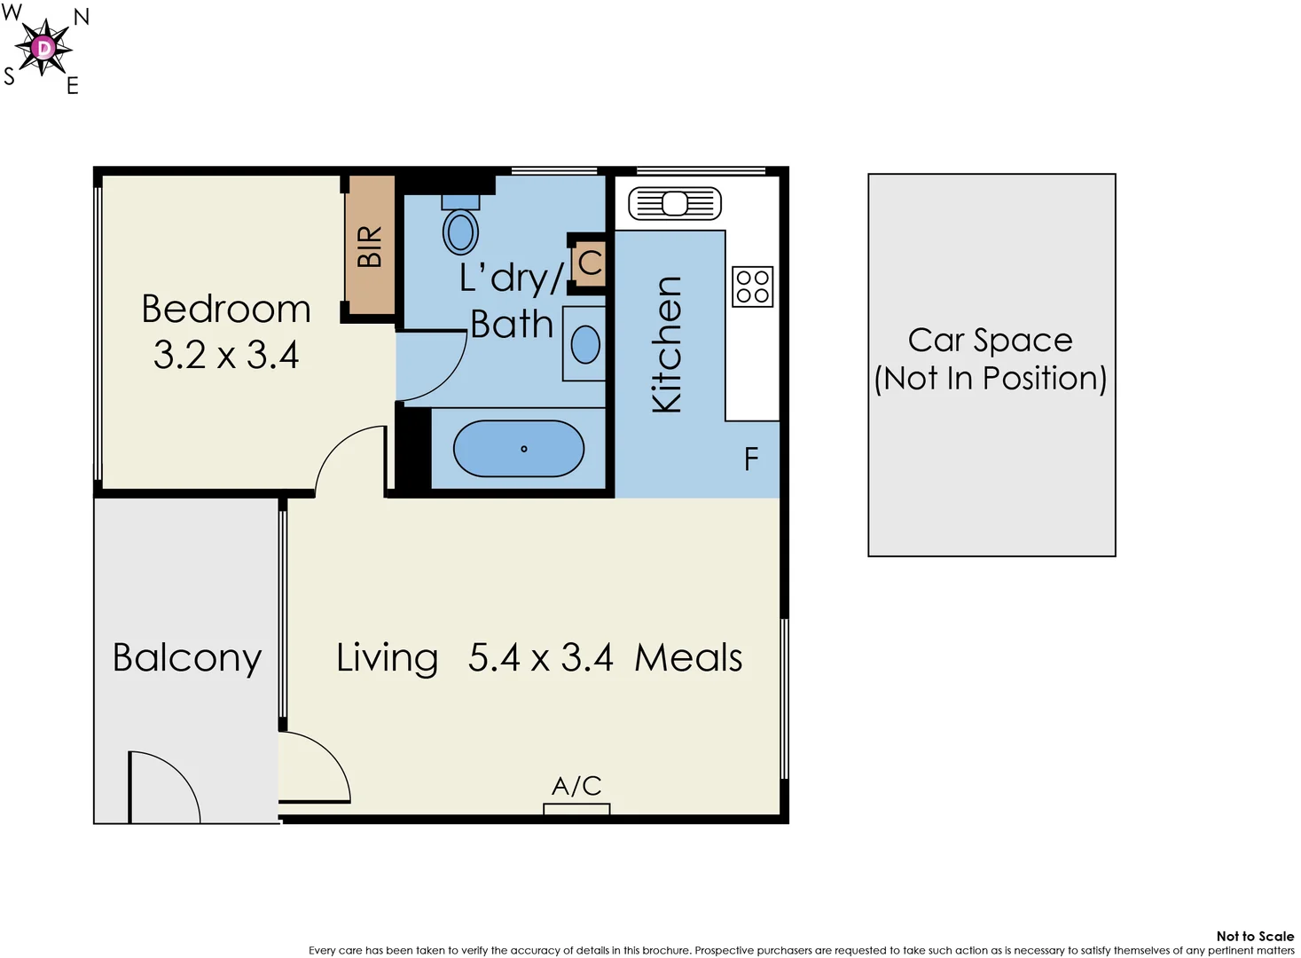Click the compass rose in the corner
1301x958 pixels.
(x=43, y=48)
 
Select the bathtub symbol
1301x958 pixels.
(x=519, y=449)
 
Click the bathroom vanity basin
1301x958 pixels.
(x=585, y=345)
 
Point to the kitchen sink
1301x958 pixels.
(x=675, y=204)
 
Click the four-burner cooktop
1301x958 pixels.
(x=752, y=287)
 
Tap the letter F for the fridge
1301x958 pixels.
(x=751, y=459)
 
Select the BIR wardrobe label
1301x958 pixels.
(x=370, y=247)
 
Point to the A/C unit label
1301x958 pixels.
(x=576, y=786)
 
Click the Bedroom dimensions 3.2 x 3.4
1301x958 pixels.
(x=226, y=356)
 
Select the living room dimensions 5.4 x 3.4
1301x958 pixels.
(x=540, y=658)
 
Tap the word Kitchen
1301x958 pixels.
(x=667, y=344)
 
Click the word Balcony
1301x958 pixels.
(x=187, y=658)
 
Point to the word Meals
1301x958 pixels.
(x=688, y=658)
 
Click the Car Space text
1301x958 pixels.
(x=990, y=341)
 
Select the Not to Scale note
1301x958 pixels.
(x=1254, y=936)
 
